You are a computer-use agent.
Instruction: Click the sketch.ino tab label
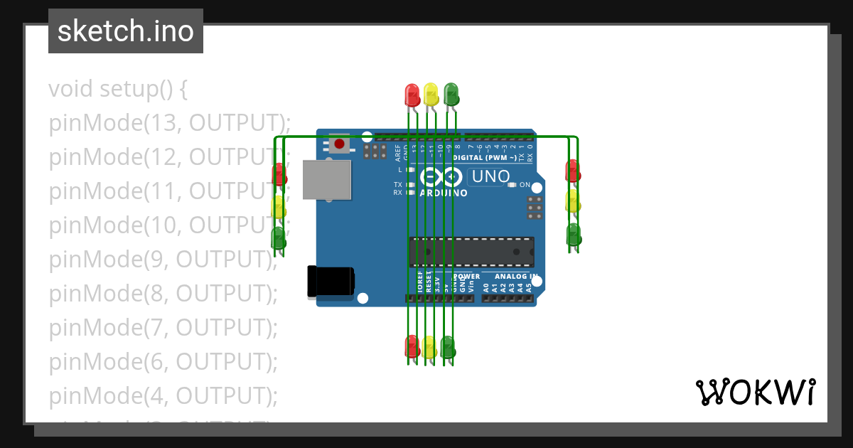point(126,31)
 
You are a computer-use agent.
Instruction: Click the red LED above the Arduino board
point(412,94)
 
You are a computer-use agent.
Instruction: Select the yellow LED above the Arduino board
point(431,94)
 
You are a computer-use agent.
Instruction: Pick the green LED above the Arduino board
point(451,94)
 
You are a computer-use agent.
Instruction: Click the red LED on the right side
point(573,171)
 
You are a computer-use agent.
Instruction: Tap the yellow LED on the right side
point(573,201)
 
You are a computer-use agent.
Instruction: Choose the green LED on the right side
point(573,234)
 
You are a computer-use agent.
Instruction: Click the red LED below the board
point(412,346)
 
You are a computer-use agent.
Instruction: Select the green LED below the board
point(448,346)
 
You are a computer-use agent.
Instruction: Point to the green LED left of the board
point(279,237)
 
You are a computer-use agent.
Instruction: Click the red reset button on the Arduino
point(340,144)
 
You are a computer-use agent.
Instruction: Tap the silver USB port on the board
point(327,179)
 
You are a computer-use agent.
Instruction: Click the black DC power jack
point(331,281)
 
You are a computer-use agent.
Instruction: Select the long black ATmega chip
point(472,252)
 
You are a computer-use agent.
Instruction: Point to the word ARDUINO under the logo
point(444,193)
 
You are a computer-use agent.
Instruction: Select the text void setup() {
point(118,89)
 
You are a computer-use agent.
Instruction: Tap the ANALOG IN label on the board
point(516,276)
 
